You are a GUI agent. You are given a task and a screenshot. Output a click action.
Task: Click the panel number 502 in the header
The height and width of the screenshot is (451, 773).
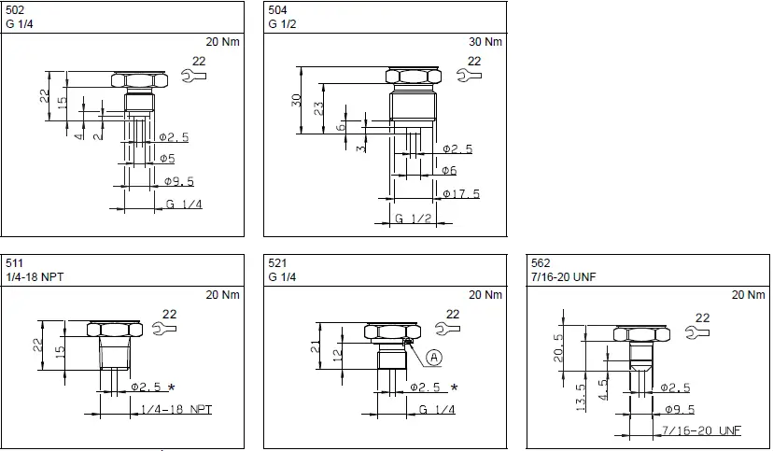15,10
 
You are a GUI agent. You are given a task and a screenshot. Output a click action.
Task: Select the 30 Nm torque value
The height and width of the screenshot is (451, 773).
485,42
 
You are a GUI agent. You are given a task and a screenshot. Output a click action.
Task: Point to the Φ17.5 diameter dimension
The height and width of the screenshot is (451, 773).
460,194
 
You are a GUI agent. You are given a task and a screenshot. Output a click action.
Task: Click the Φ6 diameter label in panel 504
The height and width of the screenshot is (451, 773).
448,171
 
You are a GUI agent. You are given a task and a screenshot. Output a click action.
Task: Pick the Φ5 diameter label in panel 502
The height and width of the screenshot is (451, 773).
167,159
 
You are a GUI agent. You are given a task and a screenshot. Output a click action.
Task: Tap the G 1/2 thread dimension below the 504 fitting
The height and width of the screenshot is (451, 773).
412,218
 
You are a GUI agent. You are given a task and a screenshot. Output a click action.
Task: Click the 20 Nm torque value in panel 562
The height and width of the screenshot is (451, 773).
749,295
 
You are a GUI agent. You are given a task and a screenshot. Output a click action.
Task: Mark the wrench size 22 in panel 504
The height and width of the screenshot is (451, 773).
474,61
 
